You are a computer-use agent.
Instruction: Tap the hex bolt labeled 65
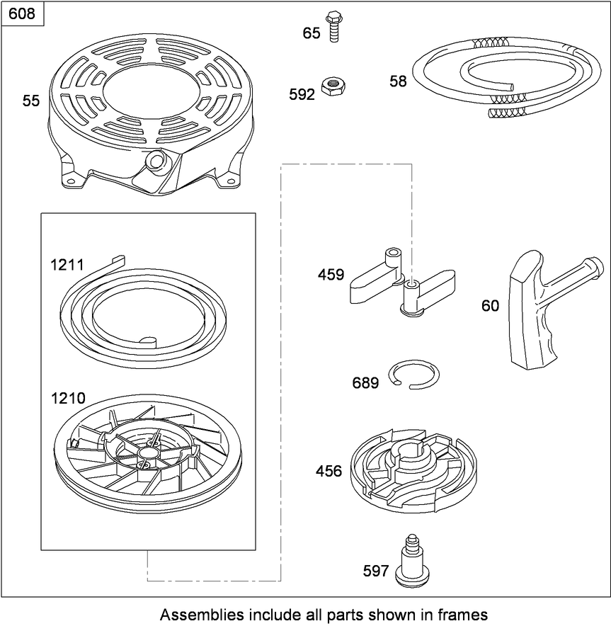tap(333, 28)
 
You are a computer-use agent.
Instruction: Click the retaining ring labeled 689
tap(414, 373)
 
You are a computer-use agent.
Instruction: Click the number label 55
tap(31, 101)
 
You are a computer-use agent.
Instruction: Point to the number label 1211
tap(67, 265)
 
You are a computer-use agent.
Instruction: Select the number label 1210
tap(67, 399)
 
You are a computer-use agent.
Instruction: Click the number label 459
tap(330, 275)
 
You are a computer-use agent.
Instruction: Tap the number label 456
tap(328, 471)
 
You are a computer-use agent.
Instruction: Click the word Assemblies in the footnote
tap(202, 613)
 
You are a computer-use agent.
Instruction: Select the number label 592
tap(301, 94)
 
